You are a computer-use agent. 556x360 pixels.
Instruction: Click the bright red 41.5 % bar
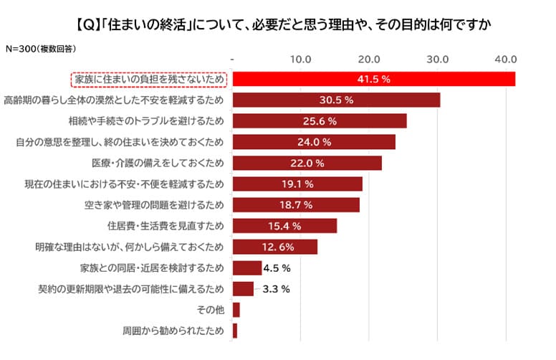click(x=374, y=79)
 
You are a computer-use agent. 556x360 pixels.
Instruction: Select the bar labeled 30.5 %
click(x=336, y=100)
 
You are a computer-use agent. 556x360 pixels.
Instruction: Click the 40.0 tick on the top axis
click(x=506, y=57)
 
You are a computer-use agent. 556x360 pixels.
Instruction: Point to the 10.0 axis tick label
click(x=300, y=57)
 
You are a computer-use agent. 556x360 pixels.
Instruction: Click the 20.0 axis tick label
click(x=369, y=57)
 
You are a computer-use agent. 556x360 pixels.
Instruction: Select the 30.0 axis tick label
click(x=437, y=57)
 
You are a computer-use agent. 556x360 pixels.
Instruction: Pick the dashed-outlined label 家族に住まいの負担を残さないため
click(x=149, y=79)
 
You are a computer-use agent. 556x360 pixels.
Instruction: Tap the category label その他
click(x=210, y=311)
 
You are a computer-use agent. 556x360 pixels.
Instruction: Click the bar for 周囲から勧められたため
click(x=235, y=331)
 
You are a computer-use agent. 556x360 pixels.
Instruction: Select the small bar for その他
click(x=236, y=311)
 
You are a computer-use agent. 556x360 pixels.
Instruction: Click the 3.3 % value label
click(x=276, y=290)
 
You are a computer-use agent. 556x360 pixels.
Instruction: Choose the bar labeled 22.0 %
click(x=307, y=163)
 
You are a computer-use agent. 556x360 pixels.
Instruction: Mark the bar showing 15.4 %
click(x=284, y=227)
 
